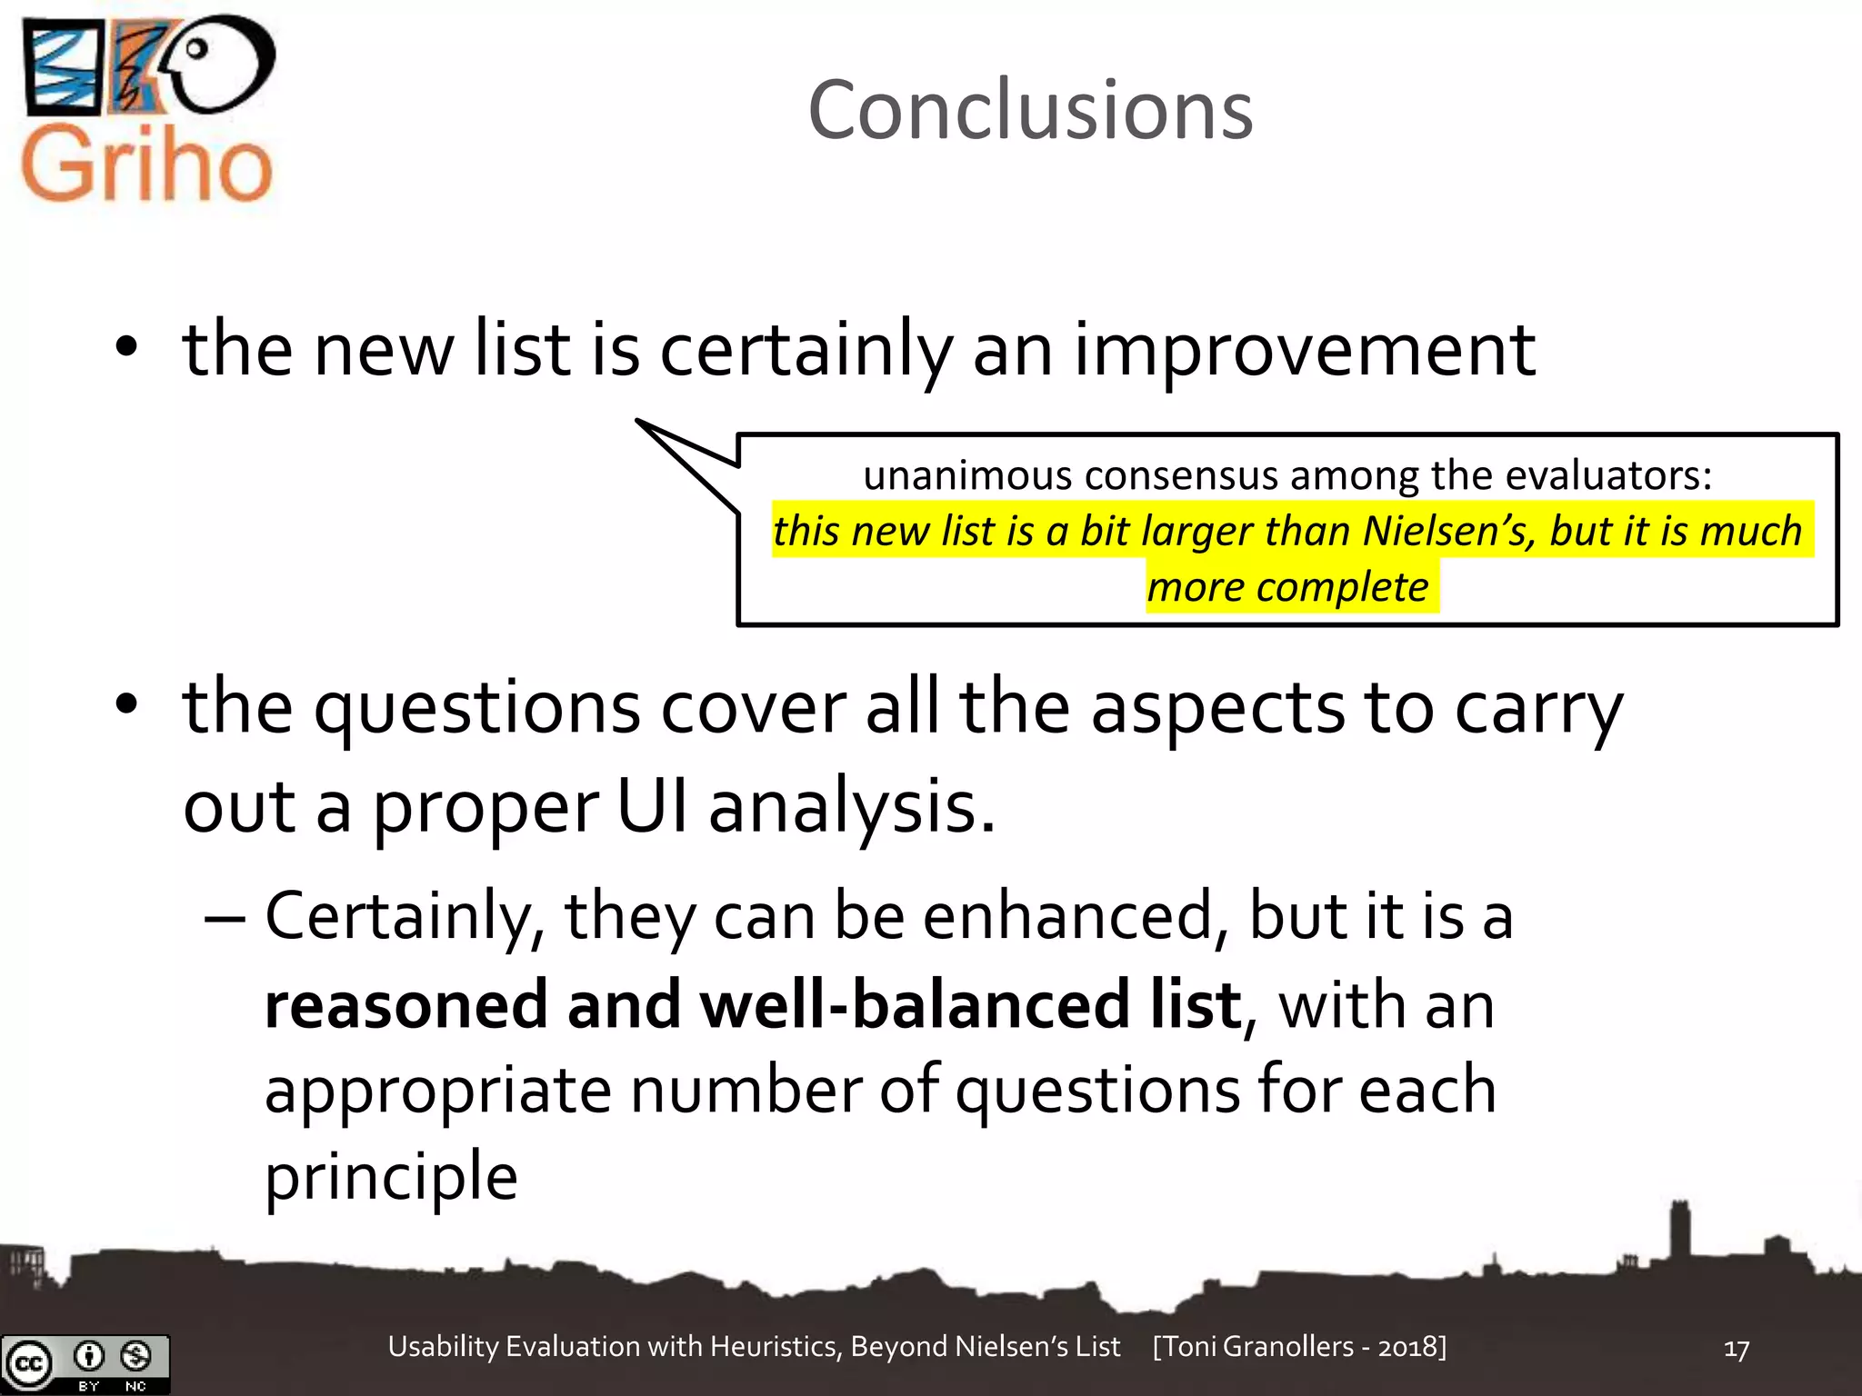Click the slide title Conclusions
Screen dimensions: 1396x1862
click(x=1030, y=110)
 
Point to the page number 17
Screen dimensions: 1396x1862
click(x=1736, y=1349)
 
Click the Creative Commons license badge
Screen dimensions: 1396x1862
click(x=85, y=1363)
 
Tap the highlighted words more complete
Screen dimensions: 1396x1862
click(x=1287, y=587)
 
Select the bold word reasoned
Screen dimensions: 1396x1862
click(x=405, y=1005)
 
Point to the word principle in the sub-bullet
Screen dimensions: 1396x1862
click(x=391, y=1175)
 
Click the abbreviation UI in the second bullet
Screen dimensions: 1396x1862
click(x=651, y=806)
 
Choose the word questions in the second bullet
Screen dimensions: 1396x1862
click(x=477, y=708)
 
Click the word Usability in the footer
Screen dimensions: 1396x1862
click(x=443, y=1346)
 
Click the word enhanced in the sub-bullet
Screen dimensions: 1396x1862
click(x=1069, y=916)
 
